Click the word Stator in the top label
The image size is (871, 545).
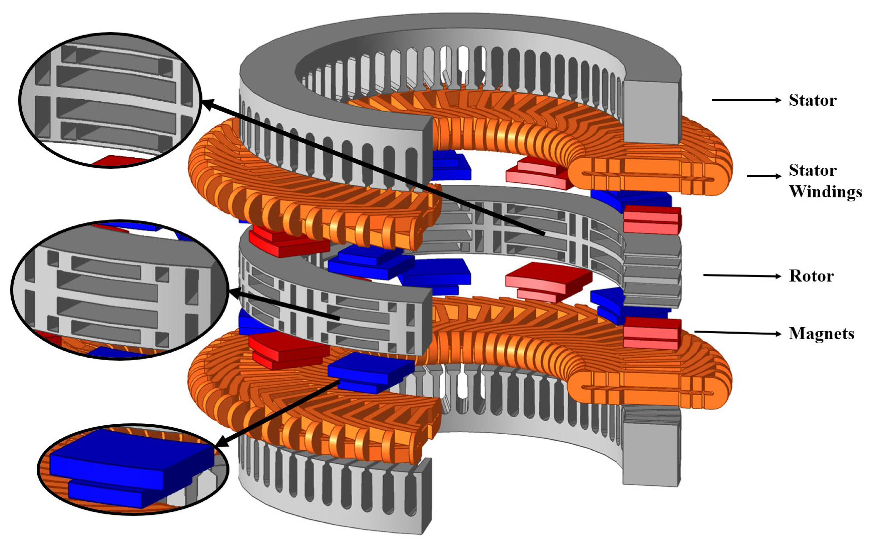(812, 100)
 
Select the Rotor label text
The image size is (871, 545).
(811, 276)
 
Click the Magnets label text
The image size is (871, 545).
(821, 333)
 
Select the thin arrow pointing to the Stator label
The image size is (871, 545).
(746, 100)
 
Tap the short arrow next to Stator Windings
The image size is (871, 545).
(764, 176)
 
